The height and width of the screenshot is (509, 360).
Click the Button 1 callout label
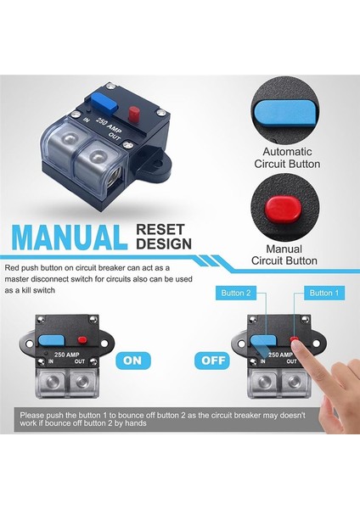click(x=322, y=293)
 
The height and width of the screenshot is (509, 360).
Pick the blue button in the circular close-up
click(x=284, y=111)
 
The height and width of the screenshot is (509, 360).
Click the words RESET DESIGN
click(x=163, y=236)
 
